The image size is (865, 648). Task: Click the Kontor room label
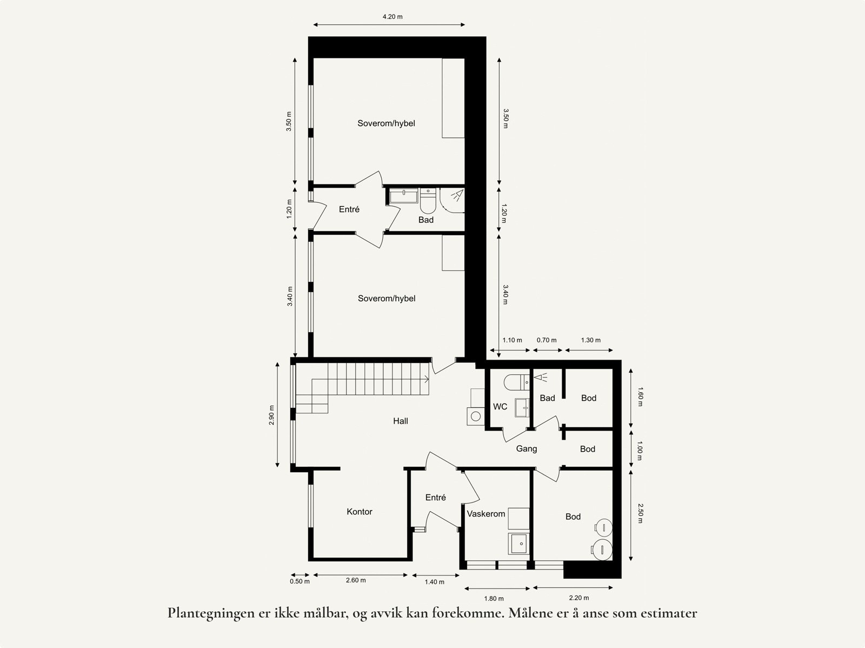point(360,512)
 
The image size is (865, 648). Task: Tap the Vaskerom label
point(486,514)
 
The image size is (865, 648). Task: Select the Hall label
point(401,421)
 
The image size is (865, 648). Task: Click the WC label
point(500,407)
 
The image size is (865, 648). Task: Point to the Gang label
point(526,449)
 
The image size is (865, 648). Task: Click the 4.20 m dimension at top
point(392,17)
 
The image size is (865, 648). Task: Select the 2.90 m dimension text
point(272,415)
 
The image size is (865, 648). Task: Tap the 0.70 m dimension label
point(547,340)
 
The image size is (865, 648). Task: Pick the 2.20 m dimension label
point(579,598)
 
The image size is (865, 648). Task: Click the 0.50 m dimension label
point(300,581)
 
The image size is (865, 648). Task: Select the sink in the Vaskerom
point(519,543)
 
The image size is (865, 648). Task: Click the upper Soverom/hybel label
point(386,123)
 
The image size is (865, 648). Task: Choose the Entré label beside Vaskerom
point(435,498)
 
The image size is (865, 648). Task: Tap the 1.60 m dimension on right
point(640,397)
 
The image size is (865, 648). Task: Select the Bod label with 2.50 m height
point(573,517)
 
